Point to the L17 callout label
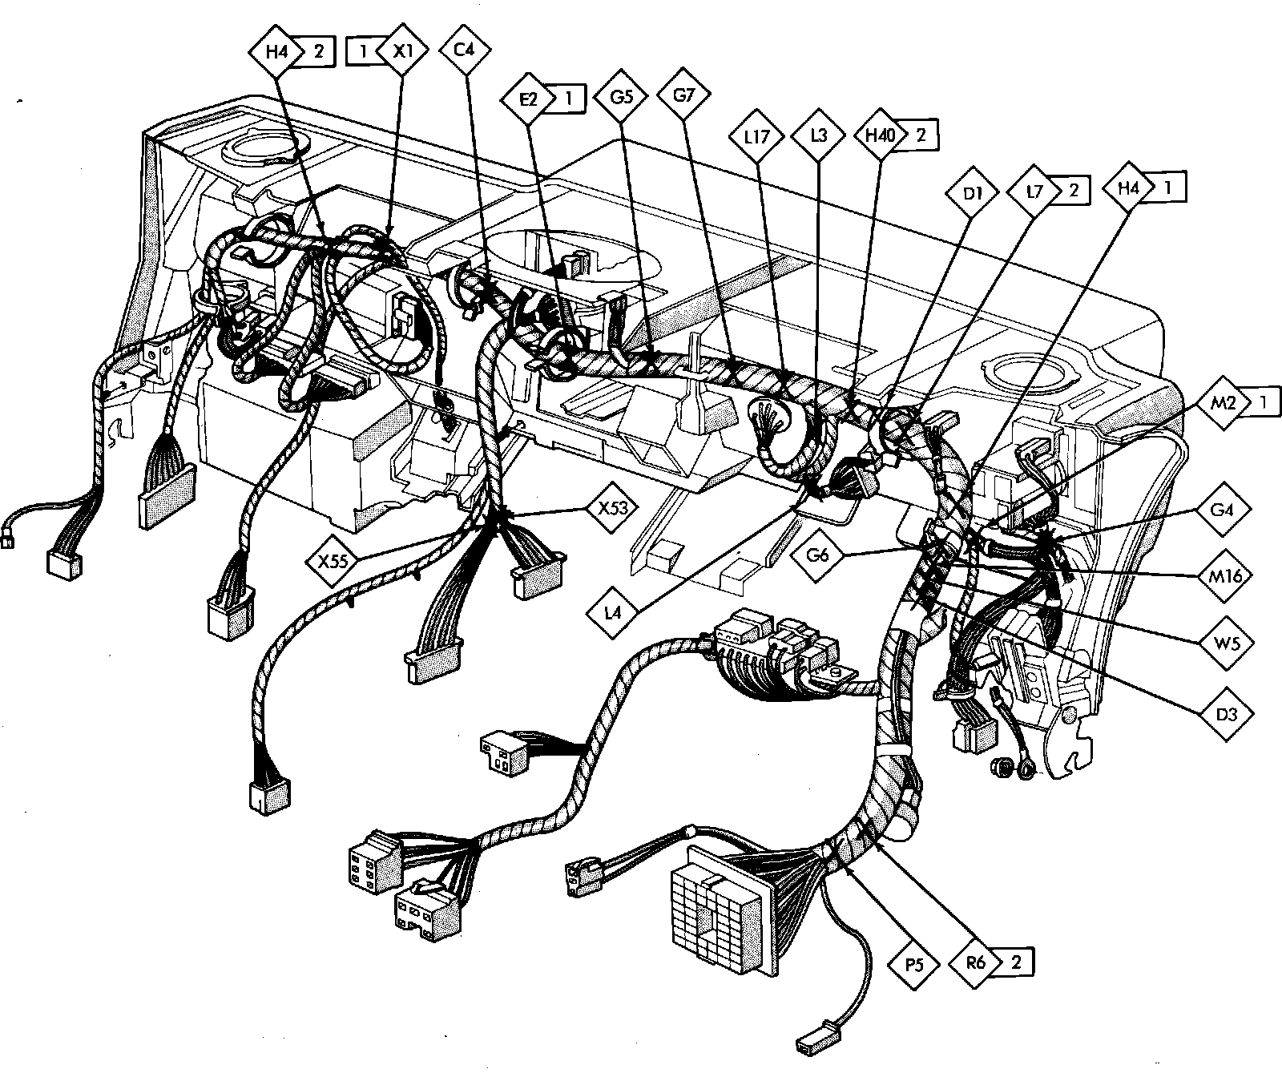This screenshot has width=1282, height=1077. click(756, 136)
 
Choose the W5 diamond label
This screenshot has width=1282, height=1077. click(1224, 642)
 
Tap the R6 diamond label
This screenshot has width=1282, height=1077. click(977, 962)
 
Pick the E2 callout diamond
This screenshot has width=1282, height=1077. click(529, 99)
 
